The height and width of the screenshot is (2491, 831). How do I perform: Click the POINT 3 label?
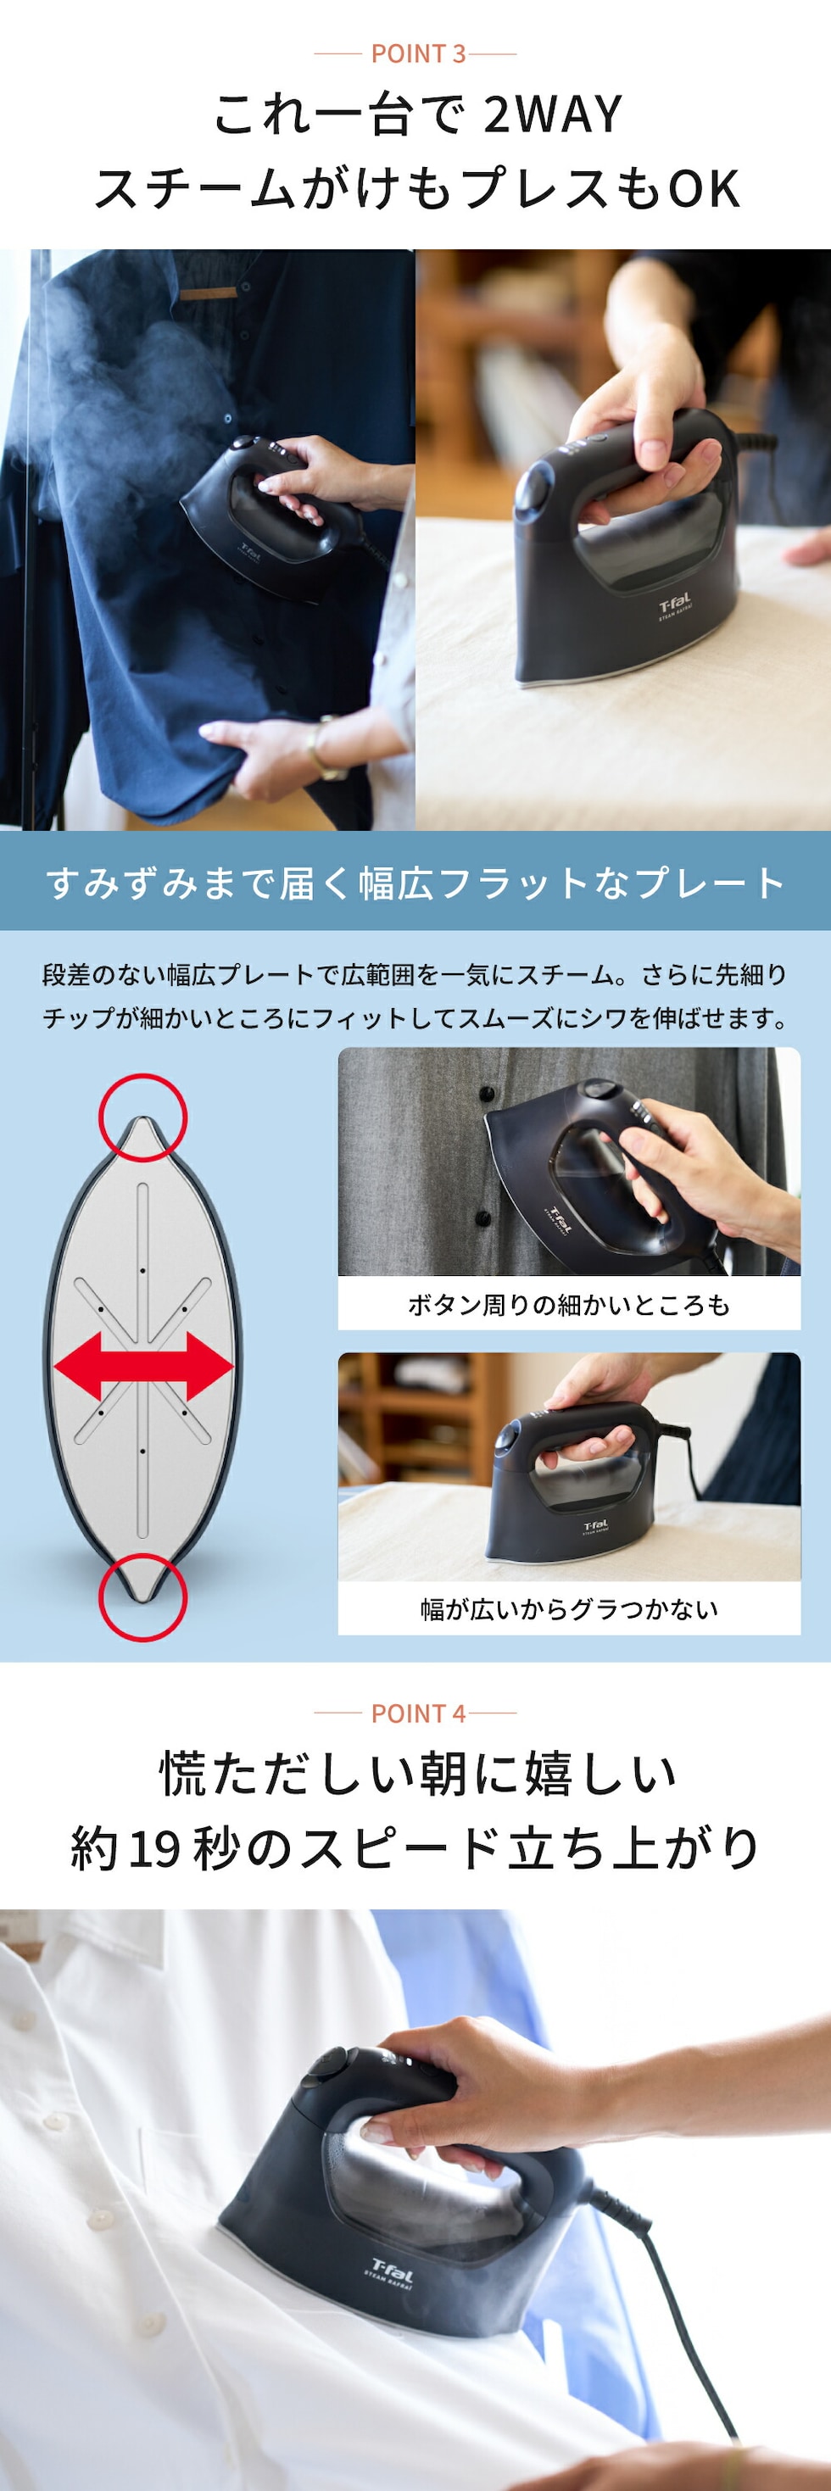(x=418, y=54)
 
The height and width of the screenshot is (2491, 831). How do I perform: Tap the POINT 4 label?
(x=418, y=1714)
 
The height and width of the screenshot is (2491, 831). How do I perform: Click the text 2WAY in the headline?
(x=552, y=115)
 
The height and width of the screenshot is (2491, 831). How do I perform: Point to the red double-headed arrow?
(x=143, y=1367)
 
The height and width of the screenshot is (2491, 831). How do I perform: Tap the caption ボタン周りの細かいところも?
(x=569, y=1305)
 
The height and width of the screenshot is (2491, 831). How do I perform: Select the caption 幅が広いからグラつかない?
(x=569, y=1609)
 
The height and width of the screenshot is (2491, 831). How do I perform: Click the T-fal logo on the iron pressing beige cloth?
(x=674, y=606)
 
